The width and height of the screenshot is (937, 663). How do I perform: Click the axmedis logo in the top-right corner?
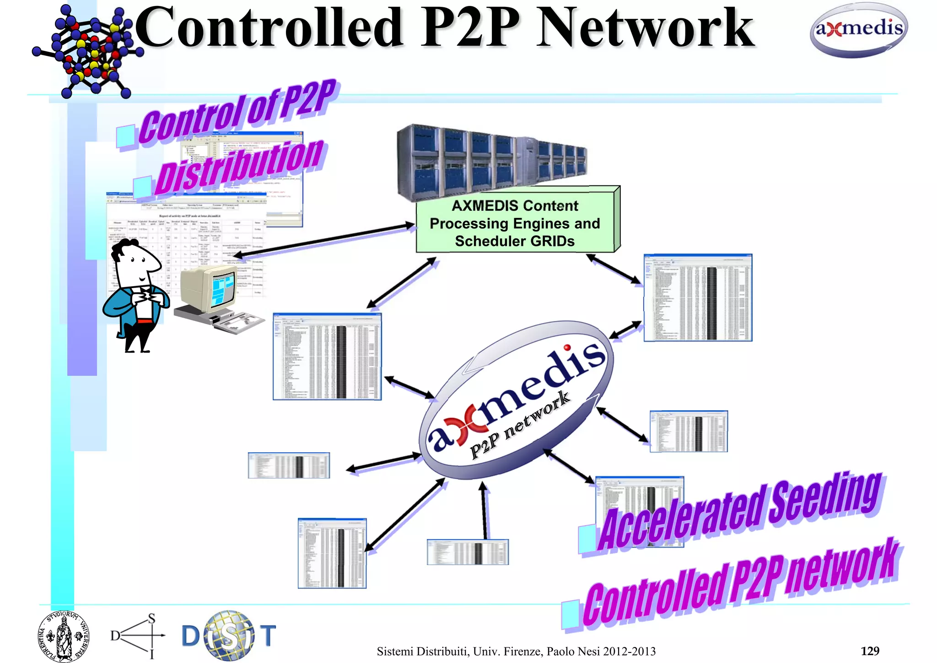[859, 30]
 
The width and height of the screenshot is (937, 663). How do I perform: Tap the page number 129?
[870, 651]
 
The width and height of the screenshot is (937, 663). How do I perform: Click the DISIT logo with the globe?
[229, 636]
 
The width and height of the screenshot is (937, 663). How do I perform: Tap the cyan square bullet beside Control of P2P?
[125, 136]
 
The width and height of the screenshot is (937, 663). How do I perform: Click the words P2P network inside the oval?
[519, 424]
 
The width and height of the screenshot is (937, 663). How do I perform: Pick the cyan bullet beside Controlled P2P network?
[571, 614]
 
